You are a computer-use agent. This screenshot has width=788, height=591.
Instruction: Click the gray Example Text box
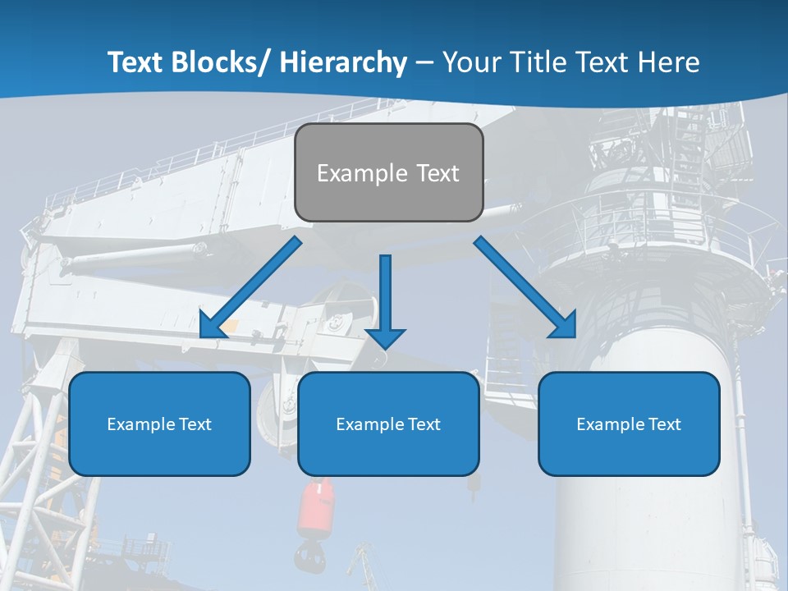pyautogui.click(x=388, y=172)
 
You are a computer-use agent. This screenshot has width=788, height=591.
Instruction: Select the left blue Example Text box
pyautogui.click(x=159, y=424)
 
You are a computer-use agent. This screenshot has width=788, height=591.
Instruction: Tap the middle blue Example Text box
pyautogui.click(x=388, y=424)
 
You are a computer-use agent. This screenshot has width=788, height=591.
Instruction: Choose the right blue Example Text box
pyautogui.click(x=629, y=424)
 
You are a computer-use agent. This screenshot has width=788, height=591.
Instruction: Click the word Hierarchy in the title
pyautogui.click(x=342, y=62)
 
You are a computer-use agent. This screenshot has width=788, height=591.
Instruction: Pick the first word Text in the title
pyautogui.click(x=136, y=62)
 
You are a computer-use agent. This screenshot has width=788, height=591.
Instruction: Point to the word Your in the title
pyautogui.click(x=472, y=62)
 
